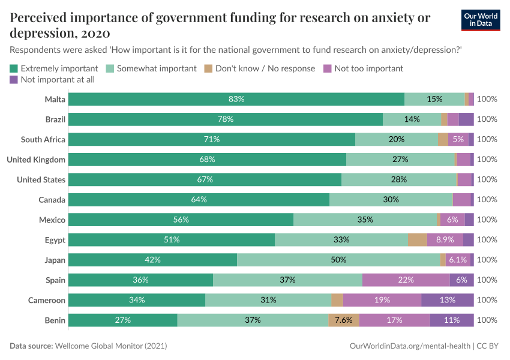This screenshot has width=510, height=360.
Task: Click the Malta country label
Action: pyautogui.click(x=55, y=99)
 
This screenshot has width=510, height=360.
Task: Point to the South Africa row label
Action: pyautogui.click(x=43, y=139)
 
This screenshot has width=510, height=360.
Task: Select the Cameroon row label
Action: pyautogui.click(x=47, y=300)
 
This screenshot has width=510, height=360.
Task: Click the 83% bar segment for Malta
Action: pyautogui.click(x=236, y=99)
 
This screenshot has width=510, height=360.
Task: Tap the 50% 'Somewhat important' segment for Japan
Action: pyautogui.click(x=338, y=260)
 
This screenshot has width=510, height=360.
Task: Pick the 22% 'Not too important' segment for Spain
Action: pyautogui.click(x=406, y=280)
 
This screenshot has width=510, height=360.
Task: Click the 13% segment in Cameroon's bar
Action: pyautogui.click(x=448, y=300)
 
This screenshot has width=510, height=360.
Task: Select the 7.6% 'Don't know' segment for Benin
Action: pyautogui.click(x=344, y=320)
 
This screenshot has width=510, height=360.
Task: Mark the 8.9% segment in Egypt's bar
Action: pyautogui.click(x=445, y=240)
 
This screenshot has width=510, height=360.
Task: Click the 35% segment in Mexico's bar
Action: pyautogui.click(x=365, y=220)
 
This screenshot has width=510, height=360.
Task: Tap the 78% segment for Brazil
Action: pyautogui.click(x=226, y=119)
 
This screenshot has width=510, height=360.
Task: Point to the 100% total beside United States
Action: pyautogui.click(x=487, y=179)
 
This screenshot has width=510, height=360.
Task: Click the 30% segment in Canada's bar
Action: pyautogui.click(x=391, y=200)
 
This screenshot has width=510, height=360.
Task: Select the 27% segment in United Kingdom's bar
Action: pyautogui.click(x=400, y=160)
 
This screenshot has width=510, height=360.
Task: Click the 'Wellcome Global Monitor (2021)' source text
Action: pyautogui.click(x=110, y=346)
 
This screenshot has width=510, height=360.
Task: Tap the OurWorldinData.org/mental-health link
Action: pyautogui.click(x=409, y=346)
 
